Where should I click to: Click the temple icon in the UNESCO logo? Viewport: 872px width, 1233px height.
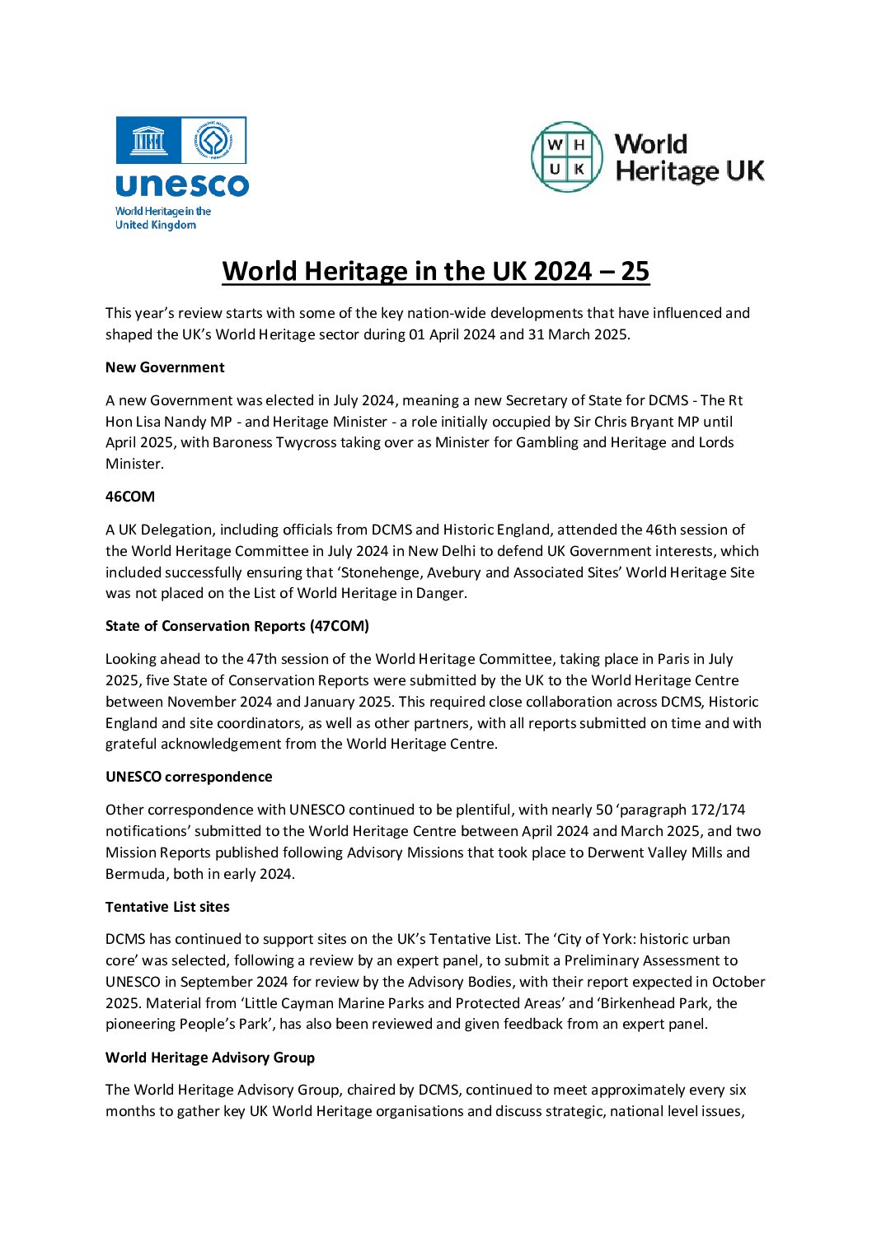coord(148,141)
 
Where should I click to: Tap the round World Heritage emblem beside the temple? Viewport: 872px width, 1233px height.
coord(213,141)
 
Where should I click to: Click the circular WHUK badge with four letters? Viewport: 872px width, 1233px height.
coord(567,156)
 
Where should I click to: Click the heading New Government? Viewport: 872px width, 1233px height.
coord(165,367)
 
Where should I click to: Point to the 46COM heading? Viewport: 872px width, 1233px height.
coord(130,497)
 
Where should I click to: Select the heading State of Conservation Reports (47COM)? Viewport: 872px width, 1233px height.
coord(237,626)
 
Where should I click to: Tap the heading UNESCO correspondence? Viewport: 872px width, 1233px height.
coord(189,777)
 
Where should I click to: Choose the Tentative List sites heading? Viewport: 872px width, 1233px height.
coord(167,907)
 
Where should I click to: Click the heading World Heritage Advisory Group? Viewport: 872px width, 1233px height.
coord(210,1058)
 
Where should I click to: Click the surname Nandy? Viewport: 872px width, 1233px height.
coord(186,422)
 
